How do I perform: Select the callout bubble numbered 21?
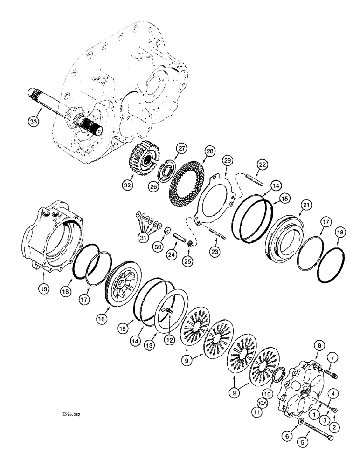coord(293,206)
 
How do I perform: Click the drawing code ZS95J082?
coord(77,412)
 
